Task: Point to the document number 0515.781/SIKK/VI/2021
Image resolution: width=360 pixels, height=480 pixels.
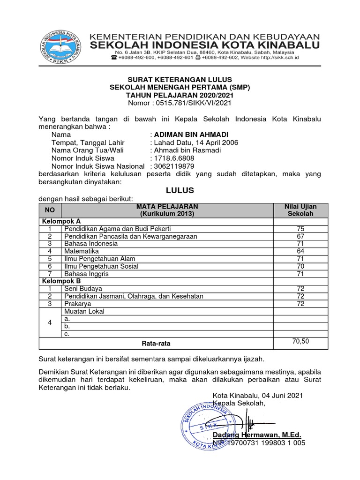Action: pos(193,103)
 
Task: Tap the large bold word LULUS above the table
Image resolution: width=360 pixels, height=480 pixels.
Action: pos(180,191)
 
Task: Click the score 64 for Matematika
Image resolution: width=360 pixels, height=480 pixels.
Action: pos(300,251)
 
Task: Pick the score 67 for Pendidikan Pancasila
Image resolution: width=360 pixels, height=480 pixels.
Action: pos(300,236)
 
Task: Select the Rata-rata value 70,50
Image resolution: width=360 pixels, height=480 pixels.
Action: pos(300,341)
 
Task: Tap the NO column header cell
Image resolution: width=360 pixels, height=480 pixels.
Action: pos(50,210)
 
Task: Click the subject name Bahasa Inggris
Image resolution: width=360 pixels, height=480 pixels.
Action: pos(84,274)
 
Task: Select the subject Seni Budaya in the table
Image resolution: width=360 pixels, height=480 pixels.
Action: pos(83,289)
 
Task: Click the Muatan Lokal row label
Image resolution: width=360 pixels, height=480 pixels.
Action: pos(84,311)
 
